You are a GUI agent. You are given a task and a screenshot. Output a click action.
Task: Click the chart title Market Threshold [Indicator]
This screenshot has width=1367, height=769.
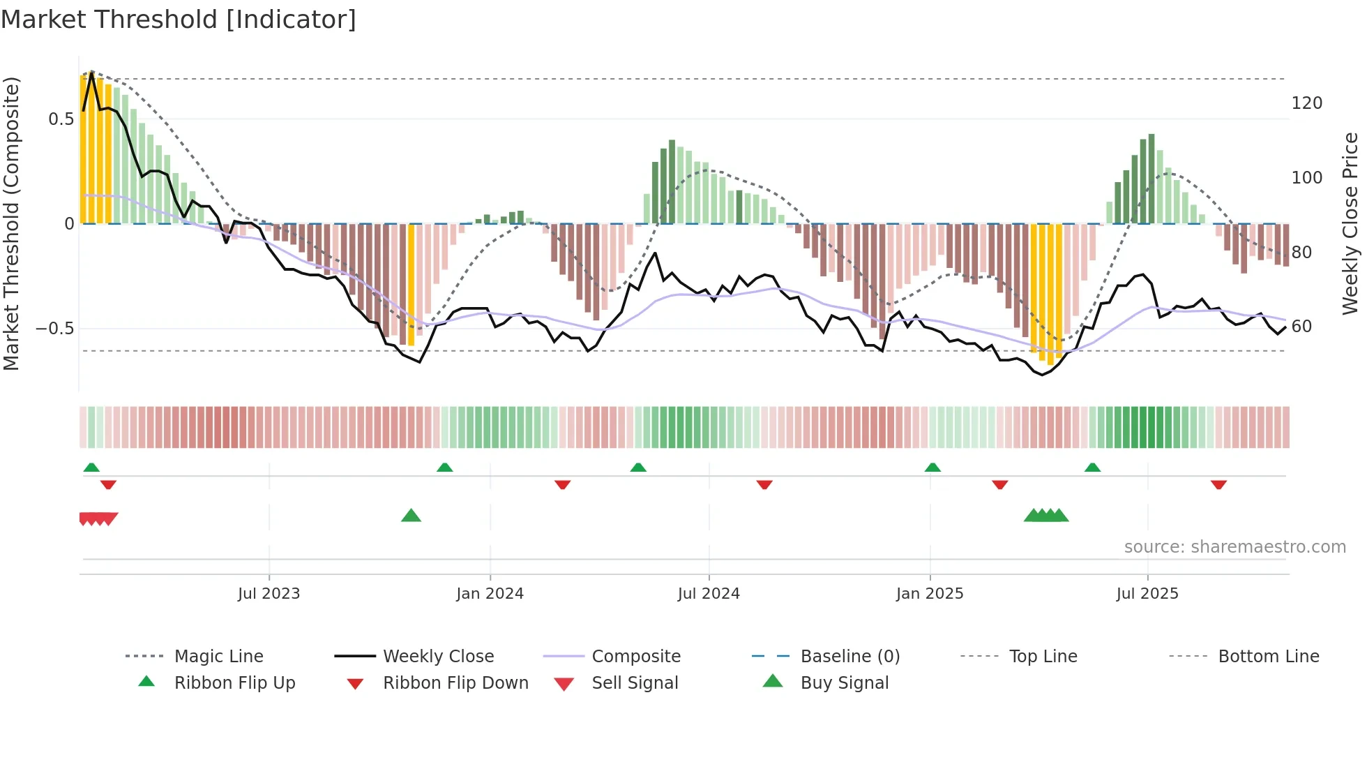179,20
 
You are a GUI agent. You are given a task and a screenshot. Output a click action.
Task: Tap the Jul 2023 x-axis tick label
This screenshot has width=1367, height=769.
269,594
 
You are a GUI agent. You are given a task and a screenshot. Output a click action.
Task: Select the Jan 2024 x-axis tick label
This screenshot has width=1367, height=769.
490,594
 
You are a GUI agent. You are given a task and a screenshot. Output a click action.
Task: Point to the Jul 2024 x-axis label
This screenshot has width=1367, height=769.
709,594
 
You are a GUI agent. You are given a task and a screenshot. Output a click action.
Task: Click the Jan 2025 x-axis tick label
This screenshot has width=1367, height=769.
930,594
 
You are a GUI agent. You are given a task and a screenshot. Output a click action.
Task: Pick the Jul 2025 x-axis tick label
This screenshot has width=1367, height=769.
1147,594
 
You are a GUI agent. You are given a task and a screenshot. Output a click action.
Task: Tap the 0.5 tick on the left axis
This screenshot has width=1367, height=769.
61,119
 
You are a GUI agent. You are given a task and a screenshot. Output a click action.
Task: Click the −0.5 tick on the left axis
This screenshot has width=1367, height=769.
56,329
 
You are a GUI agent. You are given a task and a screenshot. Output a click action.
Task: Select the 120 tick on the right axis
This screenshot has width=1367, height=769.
1307,103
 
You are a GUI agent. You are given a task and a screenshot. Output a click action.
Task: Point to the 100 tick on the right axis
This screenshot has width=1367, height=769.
1307,178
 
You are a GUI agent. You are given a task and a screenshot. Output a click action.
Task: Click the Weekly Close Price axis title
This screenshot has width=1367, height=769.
1350,223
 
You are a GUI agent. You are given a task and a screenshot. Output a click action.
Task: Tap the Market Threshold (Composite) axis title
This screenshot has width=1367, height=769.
12,223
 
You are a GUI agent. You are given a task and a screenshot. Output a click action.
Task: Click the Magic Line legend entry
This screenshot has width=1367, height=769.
218,657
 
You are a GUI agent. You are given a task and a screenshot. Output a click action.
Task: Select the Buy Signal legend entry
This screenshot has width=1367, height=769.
844,683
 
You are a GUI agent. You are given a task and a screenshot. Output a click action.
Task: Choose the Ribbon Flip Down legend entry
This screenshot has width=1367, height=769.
455,683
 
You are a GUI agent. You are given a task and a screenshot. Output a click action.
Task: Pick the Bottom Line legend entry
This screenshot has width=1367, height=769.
1268,657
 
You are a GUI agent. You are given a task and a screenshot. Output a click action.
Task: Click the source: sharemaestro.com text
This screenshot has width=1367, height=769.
1234,547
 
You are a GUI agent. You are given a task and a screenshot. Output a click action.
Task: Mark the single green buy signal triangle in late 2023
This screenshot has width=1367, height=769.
411,516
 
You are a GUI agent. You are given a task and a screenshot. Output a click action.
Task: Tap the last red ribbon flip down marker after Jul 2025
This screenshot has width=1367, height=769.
1218,484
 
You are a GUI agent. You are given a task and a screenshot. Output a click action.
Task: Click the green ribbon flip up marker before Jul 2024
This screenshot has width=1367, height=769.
638,467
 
